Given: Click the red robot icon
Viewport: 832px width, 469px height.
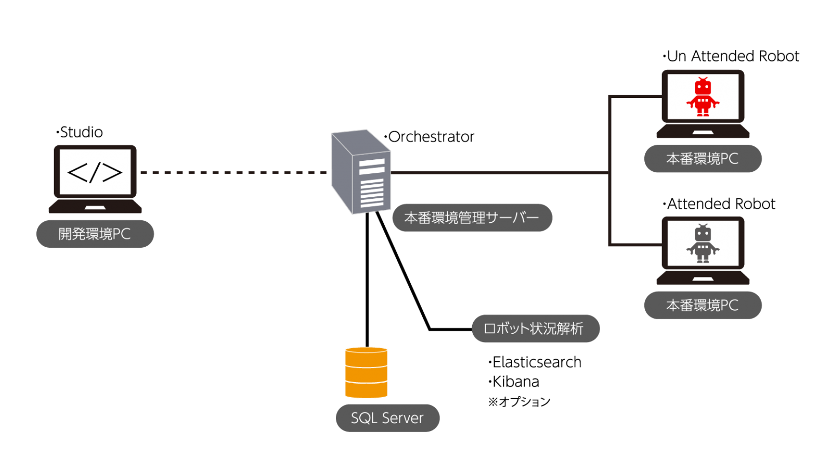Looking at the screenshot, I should tap(703, 97).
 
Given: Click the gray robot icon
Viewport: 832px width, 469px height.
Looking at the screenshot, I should tap(703, 244).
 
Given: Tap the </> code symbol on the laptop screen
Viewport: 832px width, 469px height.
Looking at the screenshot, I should tap(95, 172).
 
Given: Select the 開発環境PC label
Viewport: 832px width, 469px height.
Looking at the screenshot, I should tap(95, 234).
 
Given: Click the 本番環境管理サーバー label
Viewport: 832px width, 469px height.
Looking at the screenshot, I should tap(472, 218).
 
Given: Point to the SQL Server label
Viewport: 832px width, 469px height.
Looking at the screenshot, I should tap(387, 418).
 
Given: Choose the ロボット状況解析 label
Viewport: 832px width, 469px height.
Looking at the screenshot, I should tap(535, 328).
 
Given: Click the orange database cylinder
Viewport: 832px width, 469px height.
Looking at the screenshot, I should tap(366, 373).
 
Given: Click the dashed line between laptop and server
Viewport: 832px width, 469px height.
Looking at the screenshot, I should tap(234, 172).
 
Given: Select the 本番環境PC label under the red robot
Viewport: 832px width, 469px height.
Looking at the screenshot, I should tap(703, 159).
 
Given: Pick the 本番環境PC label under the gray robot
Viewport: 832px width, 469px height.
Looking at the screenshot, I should tap(703, 306).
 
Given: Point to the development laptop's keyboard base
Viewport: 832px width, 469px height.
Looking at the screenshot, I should tap(95, 206).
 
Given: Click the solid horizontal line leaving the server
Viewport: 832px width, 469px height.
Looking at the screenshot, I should tap(499, 172).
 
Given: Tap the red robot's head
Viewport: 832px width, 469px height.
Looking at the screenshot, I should tap(703, 87).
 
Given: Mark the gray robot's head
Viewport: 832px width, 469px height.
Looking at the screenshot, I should tap(703, 234).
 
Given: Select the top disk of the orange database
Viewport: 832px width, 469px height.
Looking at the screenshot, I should tap(366, 357).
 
